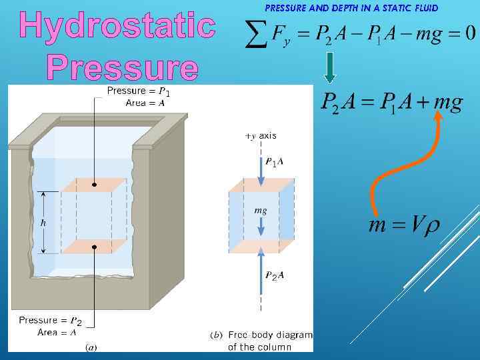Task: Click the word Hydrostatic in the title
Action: (117, 25)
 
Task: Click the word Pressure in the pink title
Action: (123, 68)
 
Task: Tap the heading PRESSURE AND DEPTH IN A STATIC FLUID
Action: (351, 9)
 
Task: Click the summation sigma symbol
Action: (253, 35)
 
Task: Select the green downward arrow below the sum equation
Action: (335, 68)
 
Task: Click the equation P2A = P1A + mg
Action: (391, 103)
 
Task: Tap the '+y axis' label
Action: (261, 135)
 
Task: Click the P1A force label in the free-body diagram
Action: (274, 162)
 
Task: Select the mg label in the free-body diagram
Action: (261, 210)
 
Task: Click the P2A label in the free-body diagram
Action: (274, 276)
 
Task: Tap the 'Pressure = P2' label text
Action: (51, 321)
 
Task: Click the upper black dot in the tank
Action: (95, 184)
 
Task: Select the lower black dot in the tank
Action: (95, 247)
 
